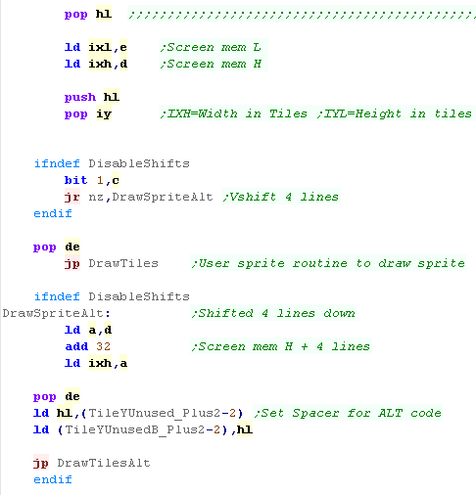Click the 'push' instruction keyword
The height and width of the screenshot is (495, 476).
click(x=80, y=97)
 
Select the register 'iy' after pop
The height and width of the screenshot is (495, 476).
click(x=104, y=114)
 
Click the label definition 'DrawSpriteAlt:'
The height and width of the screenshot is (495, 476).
click(x=57, y=313)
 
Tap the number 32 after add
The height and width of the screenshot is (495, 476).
click(x=104, y=346)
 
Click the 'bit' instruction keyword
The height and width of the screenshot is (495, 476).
click(x=76, y=180)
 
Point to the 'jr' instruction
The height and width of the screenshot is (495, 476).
click(x=72, y=197)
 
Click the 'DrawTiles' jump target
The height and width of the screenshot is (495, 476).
click(x=123, y=263)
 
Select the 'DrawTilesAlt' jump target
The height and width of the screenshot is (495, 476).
click(x=104, y=463)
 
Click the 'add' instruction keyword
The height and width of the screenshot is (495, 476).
click(x=76, y=346)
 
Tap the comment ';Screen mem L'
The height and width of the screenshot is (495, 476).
click(x=211, y=47)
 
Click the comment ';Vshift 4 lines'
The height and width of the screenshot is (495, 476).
click(x=281, y=197)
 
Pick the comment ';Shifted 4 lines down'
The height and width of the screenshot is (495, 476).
click(x=273, y=313)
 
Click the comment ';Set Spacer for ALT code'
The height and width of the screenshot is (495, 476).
click(x=348, y=413)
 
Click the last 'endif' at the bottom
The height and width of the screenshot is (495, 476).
click(x=53, y=479)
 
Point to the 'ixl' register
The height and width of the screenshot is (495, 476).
click(x=100, y=47)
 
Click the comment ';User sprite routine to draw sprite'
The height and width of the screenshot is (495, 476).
click(x=328, y=263)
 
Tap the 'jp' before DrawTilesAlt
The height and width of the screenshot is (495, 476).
click(x=41, y=463)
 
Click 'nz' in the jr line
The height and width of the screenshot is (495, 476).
click(x=96, y=197)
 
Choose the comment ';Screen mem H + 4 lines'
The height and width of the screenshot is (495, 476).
click(x=281, y=346)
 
